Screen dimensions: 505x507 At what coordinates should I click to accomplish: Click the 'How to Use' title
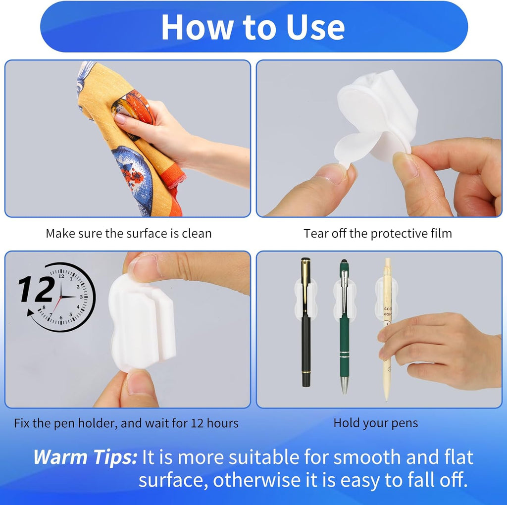click(x=253, y=27)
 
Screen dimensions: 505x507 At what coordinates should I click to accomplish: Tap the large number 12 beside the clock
click(x=37, y=290)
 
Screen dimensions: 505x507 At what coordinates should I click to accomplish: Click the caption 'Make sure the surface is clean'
click(x=128, y=233)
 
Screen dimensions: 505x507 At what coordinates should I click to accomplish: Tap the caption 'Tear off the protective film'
click(x=378, y=233)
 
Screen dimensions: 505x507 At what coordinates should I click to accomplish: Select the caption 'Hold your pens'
click(x=375, y=423)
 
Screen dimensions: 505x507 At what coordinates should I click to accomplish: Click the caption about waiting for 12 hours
click(x=126, y=423)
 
